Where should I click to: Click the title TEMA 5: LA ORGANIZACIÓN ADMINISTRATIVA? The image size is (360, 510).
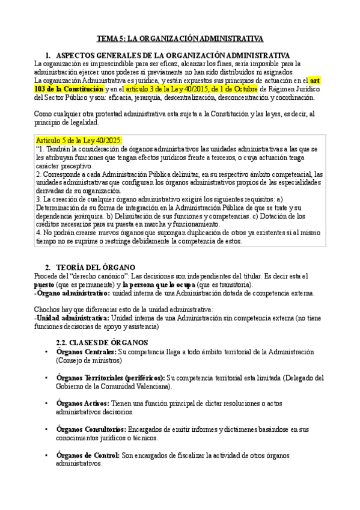tap(180, 38)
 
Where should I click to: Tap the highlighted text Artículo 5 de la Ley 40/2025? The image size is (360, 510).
tap(79, 141)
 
